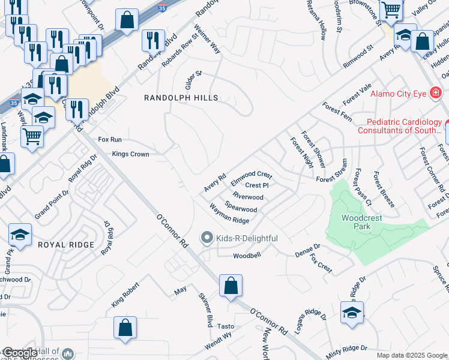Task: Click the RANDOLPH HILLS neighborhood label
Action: [180, 98]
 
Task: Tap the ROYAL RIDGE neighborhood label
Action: [66, 245]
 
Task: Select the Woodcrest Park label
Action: [361, 223]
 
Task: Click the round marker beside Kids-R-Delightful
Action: [207, 238]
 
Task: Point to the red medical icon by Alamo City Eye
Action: [435, 94]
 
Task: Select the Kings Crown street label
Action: [130, 154]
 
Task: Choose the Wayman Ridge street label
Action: [229, 214]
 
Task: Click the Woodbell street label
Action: [247, 256]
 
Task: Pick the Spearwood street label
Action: [241, 206]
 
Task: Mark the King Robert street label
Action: [125, 295]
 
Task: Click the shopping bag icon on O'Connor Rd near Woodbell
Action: [231, 286]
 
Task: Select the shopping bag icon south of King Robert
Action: [125, 329]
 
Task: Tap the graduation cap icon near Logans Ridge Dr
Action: [352, 313]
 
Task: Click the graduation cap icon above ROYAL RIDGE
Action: [20, 235]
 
